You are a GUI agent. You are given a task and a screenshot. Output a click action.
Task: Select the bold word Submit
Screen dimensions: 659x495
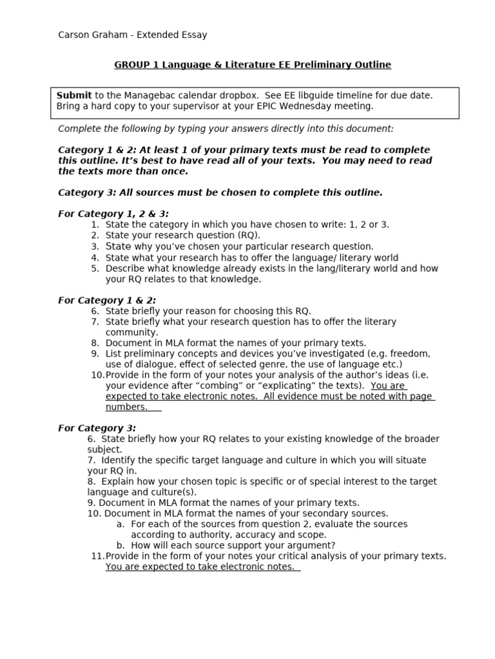click(x=74, y=95)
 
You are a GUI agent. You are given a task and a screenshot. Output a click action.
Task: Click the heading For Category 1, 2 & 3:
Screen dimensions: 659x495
click(x=113, y=214)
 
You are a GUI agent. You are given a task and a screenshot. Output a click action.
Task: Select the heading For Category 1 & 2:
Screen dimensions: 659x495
click(x=107, y=301)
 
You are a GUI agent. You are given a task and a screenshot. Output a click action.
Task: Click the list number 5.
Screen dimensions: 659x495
click(x=95, y=268)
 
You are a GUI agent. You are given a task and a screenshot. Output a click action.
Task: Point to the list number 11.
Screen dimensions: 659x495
click(x=97, y=556)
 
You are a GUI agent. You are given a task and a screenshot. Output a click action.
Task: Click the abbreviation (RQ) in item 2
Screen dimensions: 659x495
click(x=248, y=236)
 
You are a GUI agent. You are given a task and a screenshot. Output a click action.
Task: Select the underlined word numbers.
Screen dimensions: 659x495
click(x=126, y=407)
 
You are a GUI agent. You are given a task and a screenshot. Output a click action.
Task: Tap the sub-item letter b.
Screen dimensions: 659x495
click(x=121, y=546)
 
